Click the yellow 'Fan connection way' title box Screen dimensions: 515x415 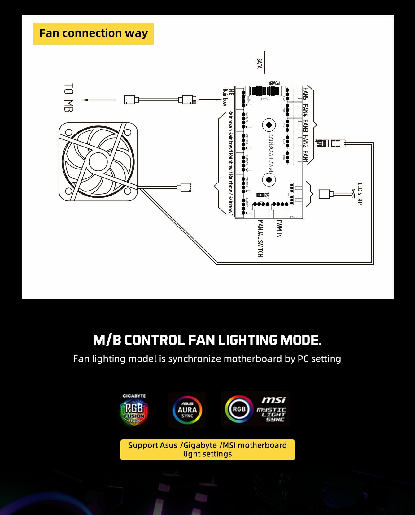(x=93, y=33)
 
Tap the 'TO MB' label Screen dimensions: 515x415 (x=69, y=97)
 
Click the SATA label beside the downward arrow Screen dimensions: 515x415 (x=260, y=64)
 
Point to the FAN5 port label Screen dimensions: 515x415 (x=306, y=94)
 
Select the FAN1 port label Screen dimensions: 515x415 (x=306, y=157)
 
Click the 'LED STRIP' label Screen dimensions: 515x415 (x=360, y=194)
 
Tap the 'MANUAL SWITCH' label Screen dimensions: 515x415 (x=260, y=238)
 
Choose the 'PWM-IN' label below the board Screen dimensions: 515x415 (x=279, y=229)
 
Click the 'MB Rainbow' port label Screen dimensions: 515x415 (x=228, y=97)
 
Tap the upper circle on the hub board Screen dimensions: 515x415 (x=269, y=125)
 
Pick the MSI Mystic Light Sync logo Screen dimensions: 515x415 (x=255, y=409)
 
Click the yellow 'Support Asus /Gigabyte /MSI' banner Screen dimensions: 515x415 (x=207, y=450)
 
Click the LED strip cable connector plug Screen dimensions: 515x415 (x=325, y=194)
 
